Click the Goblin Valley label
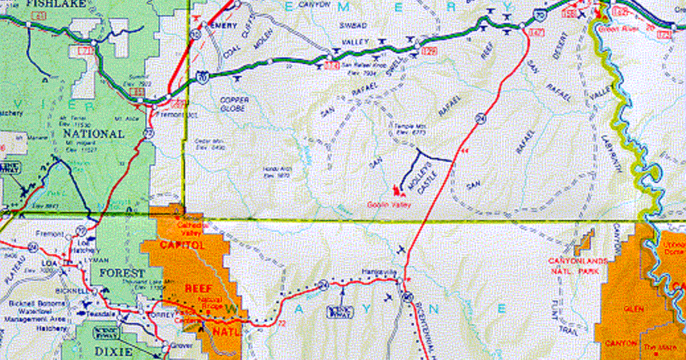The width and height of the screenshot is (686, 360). pos(389,205)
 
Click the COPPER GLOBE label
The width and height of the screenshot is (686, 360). pos(233,103)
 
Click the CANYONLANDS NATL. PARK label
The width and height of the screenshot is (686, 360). pos(578,265)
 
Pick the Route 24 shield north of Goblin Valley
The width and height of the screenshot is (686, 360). pos(478,118)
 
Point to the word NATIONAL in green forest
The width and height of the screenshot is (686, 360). pos(93,133)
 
